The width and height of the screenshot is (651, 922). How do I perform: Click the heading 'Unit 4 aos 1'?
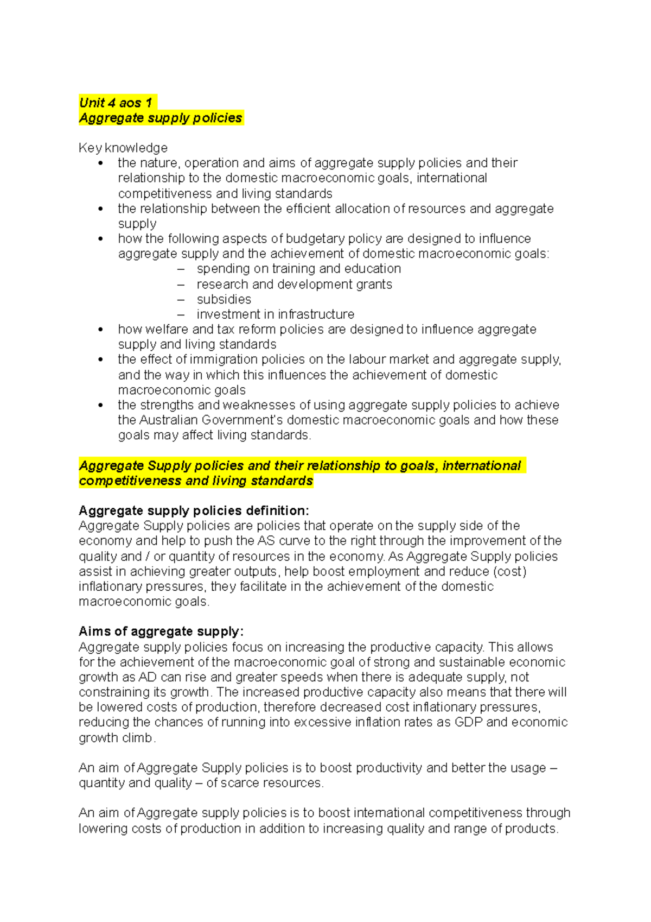pos(116,103)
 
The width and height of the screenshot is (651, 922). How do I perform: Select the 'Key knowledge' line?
pos(123,148)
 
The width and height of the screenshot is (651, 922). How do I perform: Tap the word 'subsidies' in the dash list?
pos(224,299)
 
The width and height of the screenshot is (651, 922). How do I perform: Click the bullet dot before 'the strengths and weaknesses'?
pos(100,405)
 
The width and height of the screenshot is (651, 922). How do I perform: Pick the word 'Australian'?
pos(169,420)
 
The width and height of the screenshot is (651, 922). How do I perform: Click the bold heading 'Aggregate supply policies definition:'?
pos(194,510)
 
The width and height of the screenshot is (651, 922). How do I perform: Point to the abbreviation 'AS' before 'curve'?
pos(266,541)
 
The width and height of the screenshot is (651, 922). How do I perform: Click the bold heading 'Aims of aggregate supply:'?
pos(161,631)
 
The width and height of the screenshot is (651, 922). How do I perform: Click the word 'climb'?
pos(137,738)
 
